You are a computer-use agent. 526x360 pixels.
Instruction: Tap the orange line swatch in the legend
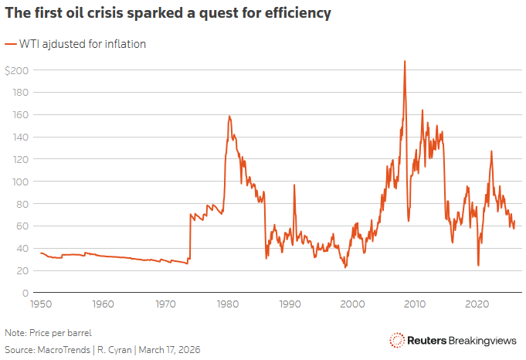(x=11, y=44)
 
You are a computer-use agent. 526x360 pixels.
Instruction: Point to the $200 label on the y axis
(x=16, y=70)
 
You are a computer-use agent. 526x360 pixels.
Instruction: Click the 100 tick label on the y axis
(x=19, y=182)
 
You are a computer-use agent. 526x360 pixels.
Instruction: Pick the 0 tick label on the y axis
(x=25, y=293)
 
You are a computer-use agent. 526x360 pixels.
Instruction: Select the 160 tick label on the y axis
(x=19, y=115)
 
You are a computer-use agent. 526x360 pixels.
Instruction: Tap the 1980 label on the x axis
(x=227, y=304)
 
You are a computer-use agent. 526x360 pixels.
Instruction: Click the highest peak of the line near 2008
(x=404, y=62)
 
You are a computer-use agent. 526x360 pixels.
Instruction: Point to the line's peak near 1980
(x=229, y=117)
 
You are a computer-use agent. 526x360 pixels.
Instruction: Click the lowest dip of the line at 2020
(x=478, y=265)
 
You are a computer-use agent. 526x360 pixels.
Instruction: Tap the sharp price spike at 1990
(x=294, y=186)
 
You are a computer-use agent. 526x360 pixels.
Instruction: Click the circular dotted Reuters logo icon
(x=397, y=340)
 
